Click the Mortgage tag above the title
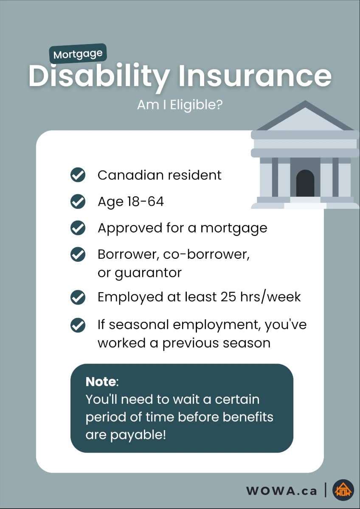tap(78, 54)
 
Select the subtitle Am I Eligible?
tap(180, 105)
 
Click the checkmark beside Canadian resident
tap(78, 175)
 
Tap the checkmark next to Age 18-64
tap(78, 201)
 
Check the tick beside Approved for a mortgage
tap(78, 228)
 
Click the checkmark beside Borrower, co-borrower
tap(78, 254)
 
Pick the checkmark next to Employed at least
tap(78, 297)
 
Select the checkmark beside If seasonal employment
tap(78, 325)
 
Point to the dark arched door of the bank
tap(305, 183)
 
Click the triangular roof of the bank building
tap(305, 116)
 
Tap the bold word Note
tap(101, 382)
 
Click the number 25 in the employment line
tap(228, 297)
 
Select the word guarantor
tap(148, 273)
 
